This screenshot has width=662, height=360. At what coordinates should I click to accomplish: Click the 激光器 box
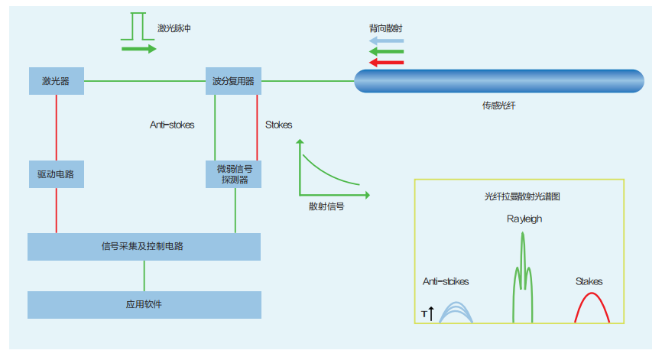pos(56,80)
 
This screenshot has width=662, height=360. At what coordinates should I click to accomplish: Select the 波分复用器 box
pos(234,80)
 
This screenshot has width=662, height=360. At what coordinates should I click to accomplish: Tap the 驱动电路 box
pos(56,174)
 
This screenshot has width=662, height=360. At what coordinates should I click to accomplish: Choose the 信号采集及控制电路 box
pos(144,246)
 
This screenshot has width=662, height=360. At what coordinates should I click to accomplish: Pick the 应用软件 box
pos(144,304)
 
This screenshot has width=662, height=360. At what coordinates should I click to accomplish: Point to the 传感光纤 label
pos(498,105)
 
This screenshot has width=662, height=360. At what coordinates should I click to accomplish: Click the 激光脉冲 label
pos(174,28)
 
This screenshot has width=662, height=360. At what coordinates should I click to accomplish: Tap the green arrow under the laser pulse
pos(138,49)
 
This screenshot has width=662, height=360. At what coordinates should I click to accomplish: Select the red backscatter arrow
pos(386,62)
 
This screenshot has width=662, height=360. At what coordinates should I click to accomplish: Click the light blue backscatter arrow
pos(386,41)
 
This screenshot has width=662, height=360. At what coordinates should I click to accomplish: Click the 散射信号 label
pos(326,206)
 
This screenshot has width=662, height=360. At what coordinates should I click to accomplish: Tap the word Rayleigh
pos(524,219)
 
